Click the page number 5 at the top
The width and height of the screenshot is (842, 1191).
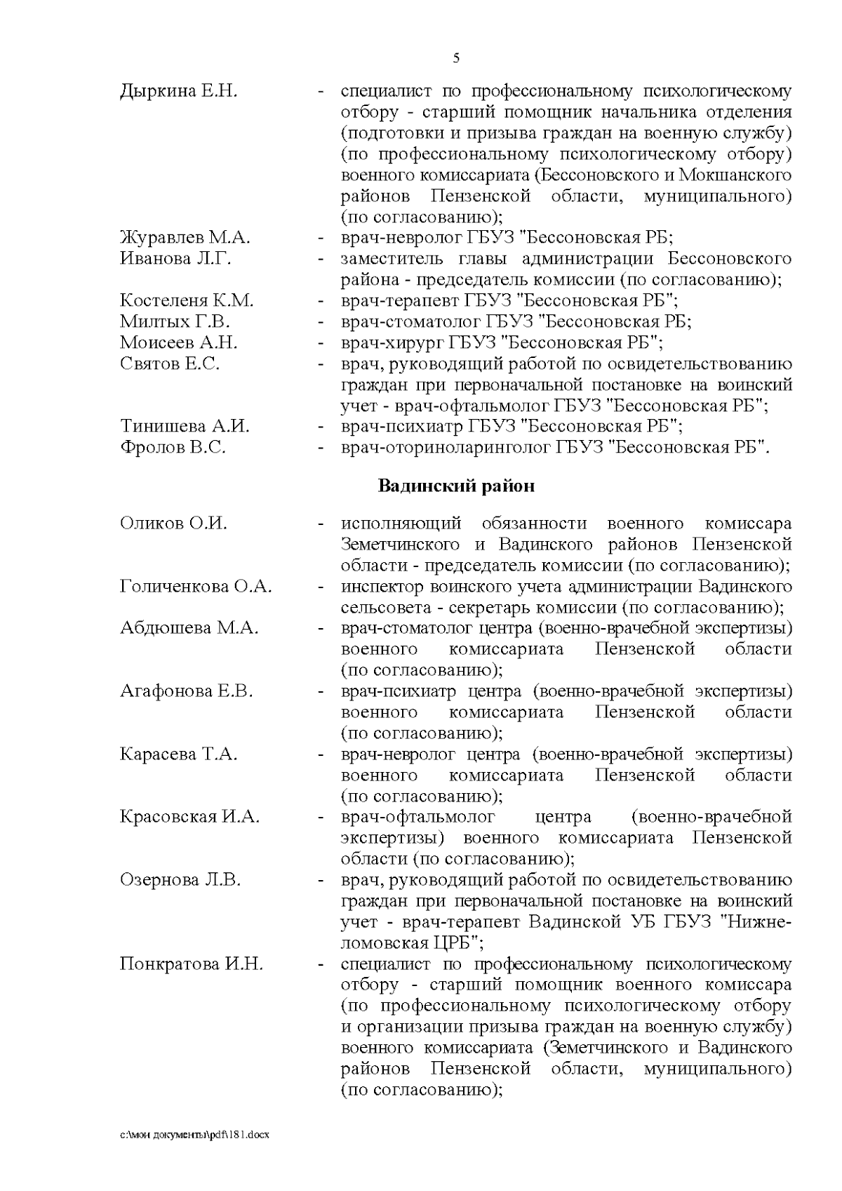(x=457, y=58)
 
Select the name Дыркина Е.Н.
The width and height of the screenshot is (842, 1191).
(x=179, y=91)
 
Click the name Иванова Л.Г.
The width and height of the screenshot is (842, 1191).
(x=175, y=259)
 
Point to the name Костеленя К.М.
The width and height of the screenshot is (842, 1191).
(x=187, y=301)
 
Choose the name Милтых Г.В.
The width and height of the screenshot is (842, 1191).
(x=175, y=322)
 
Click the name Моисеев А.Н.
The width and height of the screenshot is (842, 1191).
(x=178, y=343)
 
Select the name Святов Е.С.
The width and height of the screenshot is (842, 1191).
(x=170, y=364)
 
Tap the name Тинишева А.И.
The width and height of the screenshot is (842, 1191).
(x=185, y=427)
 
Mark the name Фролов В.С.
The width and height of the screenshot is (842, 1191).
(x=173, y=448)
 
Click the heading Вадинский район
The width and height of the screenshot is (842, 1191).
(x=456, y=486)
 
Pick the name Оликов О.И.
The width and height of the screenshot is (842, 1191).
(x=173, y=524)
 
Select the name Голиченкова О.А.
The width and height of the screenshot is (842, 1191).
(x=196, y=587)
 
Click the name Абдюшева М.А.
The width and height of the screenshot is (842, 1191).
(x=189, y=628)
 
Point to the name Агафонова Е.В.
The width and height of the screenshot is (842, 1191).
(x=186, y=691)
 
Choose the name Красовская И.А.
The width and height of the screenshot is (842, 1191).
(x=189, y=817)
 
